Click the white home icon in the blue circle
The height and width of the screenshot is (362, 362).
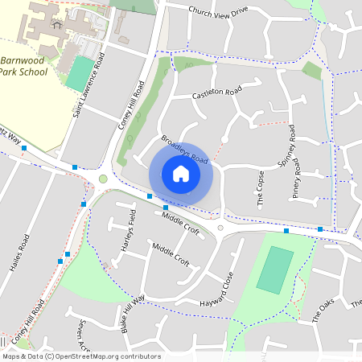[x=181, y=173]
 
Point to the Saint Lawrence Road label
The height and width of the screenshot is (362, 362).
[x=88, y=85]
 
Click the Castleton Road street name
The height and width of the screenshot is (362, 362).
[x=217, y=94]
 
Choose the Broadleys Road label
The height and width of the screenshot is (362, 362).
[x=184, y=150]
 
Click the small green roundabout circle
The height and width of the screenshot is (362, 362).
[x=103, y=179]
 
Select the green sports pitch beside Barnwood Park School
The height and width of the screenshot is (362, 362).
[x=79, y=73]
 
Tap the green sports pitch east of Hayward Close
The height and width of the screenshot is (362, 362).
[x=276, y=269]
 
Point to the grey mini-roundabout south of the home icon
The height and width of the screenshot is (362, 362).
[x=220, y=228]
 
